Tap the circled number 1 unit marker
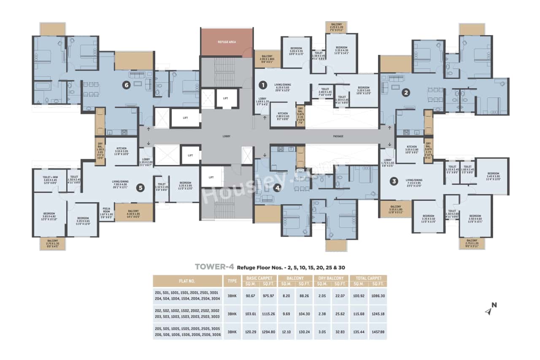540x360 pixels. (262, 85)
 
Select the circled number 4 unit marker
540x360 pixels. (277, 188)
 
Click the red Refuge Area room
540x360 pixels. (226, 42)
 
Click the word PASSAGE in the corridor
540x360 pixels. (338, 136)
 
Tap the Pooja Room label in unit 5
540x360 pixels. (107, 212)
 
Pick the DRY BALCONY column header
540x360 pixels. (332, 278)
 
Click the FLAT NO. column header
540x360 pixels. (187, 281)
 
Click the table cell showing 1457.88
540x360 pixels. (377, 332)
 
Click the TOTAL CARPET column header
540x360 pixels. (368, 278)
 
